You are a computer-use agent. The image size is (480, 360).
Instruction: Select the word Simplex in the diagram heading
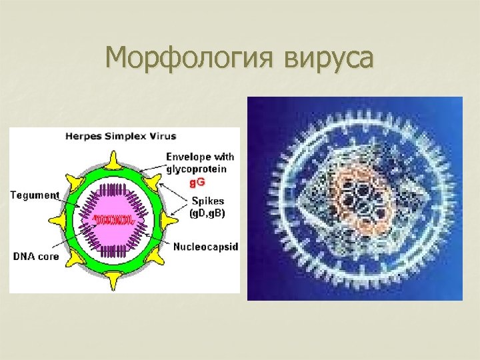coord(127,137)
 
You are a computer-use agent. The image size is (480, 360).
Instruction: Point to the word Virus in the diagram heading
coord(163,137)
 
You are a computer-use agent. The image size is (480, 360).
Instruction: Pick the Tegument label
coord(35,195)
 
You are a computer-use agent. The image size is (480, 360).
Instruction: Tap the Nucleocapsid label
coord(205,246)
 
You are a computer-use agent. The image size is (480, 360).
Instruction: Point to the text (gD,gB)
coord(208,213)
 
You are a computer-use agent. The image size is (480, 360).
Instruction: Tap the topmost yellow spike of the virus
coord(114,158)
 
